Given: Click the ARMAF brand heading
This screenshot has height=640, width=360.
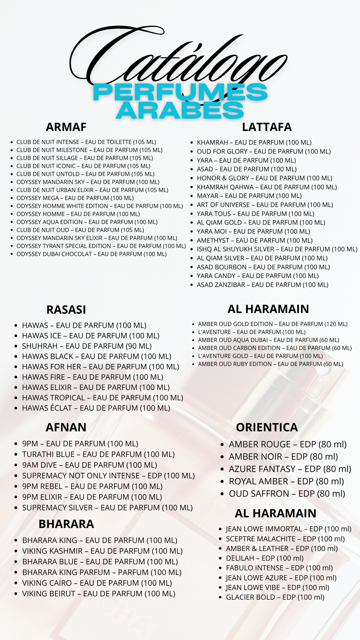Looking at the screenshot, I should tap(66, 127).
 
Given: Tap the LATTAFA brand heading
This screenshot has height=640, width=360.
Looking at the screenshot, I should tap(267, 127).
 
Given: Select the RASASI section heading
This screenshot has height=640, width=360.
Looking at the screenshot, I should tap(66, 310).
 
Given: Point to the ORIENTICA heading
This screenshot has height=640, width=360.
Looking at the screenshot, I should tap(267, 427).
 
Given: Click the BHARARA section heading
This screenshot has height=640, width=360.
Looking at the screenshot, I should tap(66, 524).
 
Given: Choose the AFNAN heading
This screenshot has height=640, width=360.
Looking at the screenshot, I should tap(66, 427).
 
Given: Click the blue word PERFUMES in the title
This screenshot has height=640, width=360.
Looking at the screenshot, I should tap(180, 92).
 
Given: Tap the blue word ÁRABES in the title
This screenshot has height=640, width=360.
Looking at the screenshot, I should tap(180, 110).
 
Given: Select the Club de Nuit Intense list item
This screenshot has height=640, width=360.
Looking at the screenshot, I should tap(86, 142).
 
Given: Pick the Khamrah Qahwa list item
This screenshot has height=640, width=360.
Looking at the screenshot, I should tap(267, 187).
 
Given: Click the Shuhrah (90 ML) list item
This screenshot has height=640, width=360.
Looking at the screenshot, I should tap(87, 346).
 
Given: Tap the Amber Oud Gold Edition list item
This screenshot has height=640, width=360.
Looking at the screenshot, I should tap(272, 324).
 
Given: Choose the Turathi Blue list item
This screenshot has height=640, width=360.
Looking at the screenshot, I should tap(98, 454).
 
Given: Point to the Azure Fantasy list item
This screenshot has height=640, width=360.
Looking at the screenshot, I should tap(290, 469).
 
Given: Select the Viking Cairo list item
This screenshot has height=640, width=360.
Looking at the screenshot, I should tap(97, 583).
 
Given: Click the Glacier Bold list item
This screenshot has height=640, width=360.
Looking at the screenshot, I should tap(275, 597).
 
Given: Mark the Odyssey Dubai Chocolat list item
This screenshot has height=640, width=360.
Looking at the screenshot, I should tap(91, 254).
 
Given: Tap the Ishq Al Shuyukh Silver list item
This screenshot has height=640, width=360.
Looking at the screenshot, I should tap(277, 249).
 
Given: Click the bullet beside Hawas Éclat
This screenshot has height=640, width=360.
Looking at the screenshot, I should tap(16, 408).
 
